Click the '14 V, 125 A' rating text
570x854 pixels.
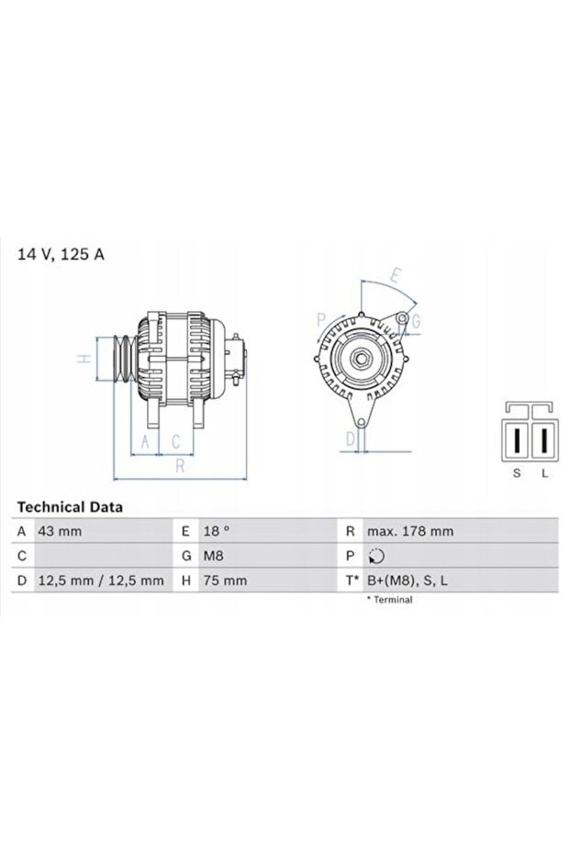coord(61,254)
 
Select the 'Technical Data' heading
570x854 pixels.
coord(70,506)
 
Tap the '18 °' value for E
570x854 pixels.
coord(216,531)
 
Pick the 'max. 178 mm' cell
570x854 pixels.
coord(409,531)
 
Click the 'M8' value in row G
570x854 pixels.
coord(214,556)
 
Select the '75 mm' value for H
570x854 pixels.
coord(221,581)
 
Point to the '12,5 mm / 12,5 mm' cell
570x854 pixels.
coord(100,581)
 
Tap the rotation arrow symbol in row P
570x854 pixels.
coord(376,556)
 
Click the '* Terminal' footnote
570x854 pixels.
coord(389,600)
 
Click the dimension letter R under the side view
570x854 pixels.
coord(180,466)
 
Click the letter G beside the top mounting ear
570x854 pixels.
coord(415,320)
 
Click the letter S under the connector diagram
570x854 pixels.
coord(516,472)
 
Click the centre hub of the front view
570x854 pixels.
coord(360,359)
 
